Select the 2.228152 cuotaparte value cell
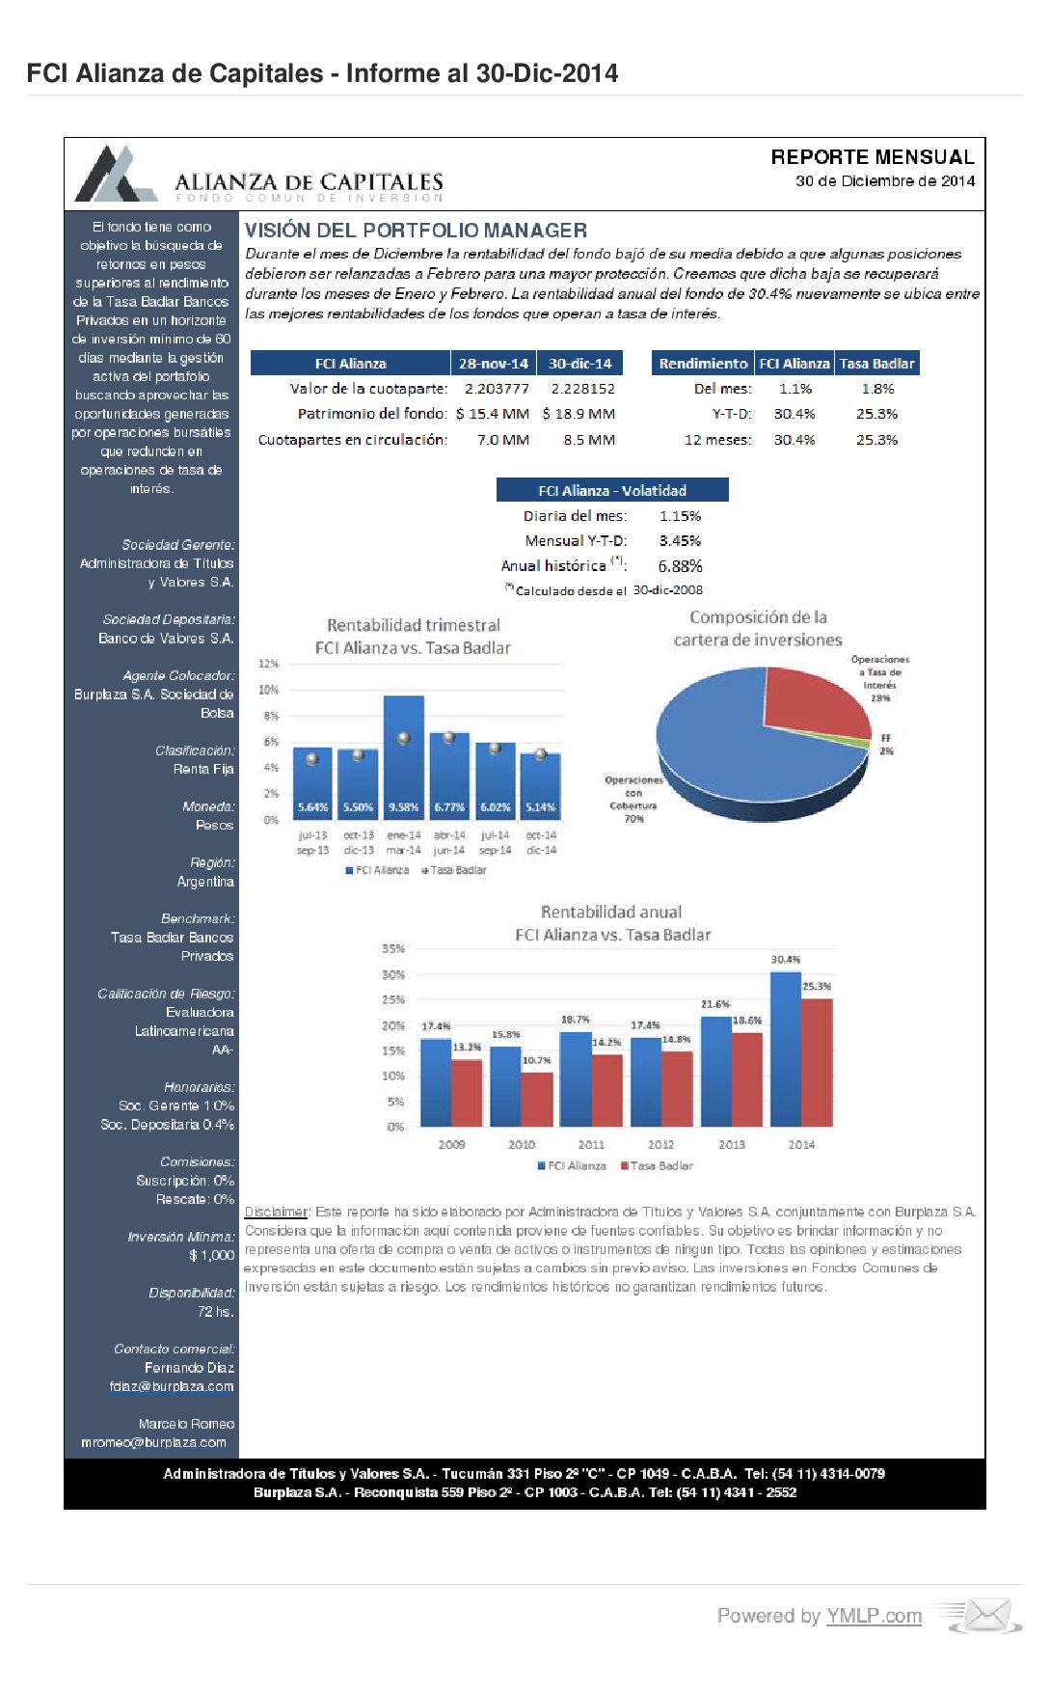click(x=582, y=389)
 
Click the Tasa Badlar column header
click(x=876, y=364)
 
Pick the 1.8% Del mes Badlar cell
click(x=877, y=389)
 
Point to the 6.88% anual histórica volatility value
click(x=680, y=566)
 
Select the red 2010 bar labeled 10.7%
click(x=537, y=1099)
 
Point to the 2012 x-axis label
click(x=660, y=1144)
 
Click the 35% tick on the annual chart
click(x=393, y=949)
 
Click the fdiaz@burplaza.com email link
click(x=172, y=1386)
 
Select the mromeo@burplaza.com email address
click(x=153, y=1442)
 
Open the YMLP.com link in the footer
click(x=874, y=1616)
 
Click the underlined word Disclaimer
click(x=276, y=1212)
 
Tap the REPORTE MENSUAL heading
click(x=873, y=157)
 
